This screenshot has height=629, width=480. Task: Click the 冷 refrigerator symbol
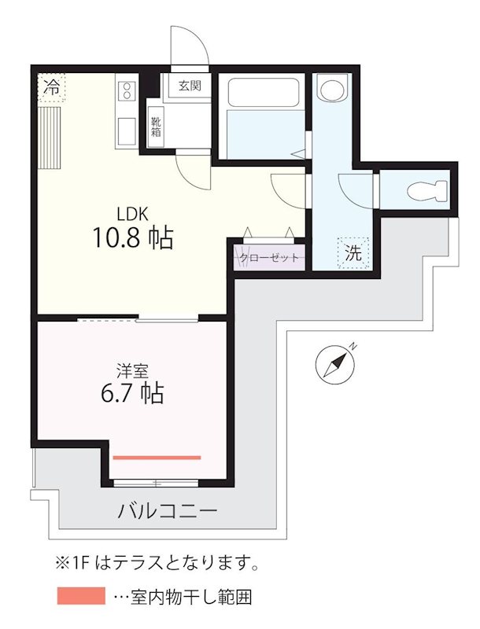coord(52,87)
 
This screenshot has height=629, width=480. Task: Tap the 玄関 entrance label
coord(188,85)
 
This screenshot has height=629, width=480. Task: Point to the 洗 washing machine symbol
coord(354,253)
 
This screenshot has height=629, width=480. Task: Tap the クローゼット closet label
coord(268,257)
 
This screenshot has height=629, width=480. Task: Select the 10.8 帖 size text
coord(133,238)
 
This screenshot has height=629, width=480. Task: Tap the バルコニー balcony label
coord(167,511)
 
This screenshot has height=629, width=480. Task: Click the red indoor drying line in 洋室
coord(157,456)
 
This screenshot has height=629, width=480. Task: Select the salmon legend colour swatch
coord(80,596)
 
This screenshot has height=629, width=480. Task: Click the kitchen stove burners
coord(126,94)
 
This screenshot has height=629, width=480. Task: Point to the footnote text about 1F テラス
coord(157,563)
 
